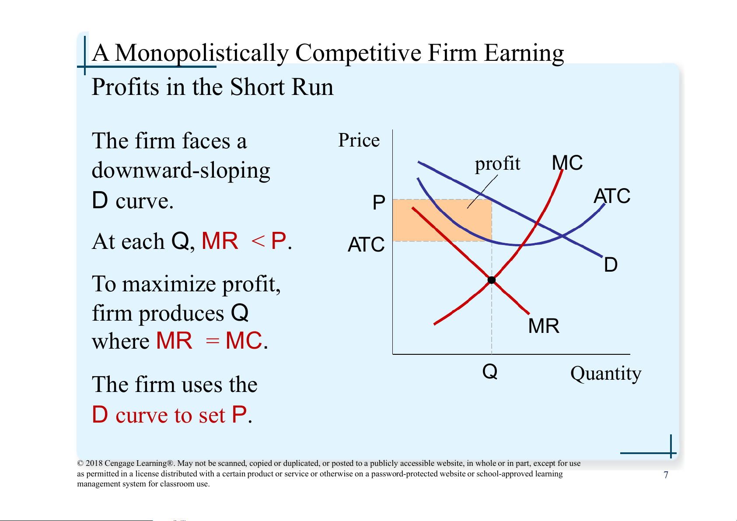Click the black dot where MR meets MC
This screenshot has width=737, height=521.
click(x=492, y=280)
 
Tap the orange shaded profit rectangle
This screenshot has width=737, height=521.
click(x=442, y=220)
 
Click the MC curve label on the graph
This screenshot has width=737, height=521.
click(x=567, y=163)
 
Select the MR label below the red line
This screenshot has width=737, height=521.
click(x=544, y=326)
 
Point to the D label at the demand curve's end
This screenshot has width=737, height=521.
click(x=611, y=265)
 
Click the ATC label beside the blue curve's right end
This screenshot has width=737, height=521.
click(x=612, y=196)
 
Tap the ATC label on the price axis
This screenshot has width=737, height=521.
click(x=366, y=245)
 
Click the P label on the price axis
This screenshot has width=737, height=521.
click(x=379, y=202)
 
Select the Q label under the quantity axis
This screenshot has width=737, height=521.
click(x=489, y=372)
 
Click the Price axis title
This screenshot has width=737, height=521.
click(x=359, y=140)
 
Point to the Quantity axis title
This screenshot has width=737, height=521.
click(x=606, y=374)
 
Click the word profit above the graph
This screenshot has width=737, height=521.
click(x=497, y=164)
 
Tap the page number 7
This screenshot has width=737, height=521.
click(x=666, y=475)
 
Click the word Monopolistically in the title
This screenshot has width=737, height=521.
click(x=202, y=53)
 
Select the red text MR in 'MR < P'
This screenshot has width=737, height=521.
click(x=220, y=241)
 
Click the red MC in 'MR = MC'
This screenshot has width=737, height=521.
click(x=244, y=341)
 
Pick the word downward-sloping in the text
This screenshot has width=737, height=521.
click(x=181, y=171)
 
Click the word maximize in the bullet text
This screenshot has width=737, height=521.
click(x=169, y=284)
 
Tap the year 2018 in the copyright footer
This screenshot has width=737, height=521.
click(x=94, y=463)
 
